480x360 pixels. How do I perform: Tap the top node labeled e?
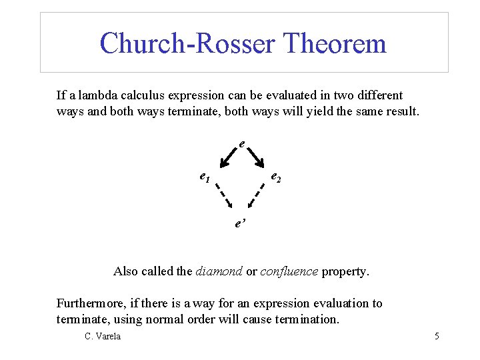pyautogui.click(x=241, y=143)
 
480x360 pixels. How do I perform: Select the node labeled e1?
pyautogui.click(x=205, y=177)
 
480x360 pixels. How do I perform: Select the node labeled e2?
pyautogui.click(x=275, y=177)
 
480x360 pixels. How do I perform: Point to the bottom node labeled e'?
pyautogui.click(x=240, y=223)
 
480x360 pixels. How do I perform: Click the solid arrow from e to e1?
pyautogui.click(x=228, y=157)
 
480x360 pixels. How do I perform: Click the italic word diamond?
pyautogui.click(x=219, y=271)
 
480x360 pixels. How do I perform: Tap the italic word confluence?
pyautogui.click(x=289, y=271)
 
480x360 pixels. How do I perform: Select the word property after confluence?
pyautogui.click(x=345, y=272)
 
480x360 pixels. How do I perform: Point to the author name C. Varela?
pyautogui.click(x=103, y=336)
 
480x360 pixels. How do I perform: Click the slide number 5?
pyautogui.click(x=437, y=336)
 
